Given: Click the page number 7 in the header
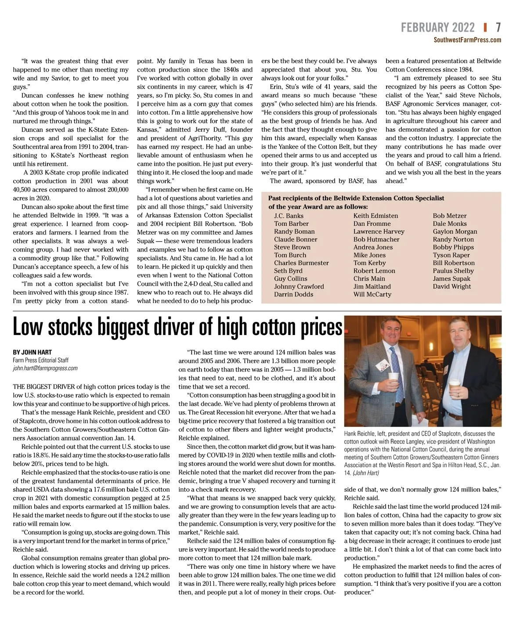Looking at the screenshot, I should (x=498, y=28).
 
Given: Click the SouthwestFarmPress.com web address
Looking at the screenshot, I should (x=467, y=40).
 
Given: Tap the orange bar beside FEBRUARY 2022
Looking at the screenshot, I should (x=485, y=28).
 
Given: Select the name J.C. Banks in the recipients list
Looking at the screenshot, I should (x=289, y=216).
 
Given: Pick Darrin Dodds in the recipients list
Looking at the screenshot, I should (x=293, y=294).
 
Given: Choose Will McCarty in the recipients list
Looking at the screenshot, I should (x=372, y=294).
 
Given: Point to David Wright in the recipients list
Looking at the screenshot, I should (x=451, y=286).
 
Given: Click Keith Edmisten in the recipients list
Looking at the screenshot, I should (x=375, y=216).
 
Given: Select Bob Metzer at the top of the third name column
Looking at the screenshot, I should (x=449, y=216).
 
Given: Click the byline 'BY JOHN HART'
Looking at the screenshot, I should (x=32, y=352).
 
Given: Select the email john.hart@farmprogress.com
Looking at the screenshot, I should (x=45, y=368).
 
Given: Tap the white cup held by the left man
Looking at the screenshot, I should (x=394, y=379).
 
